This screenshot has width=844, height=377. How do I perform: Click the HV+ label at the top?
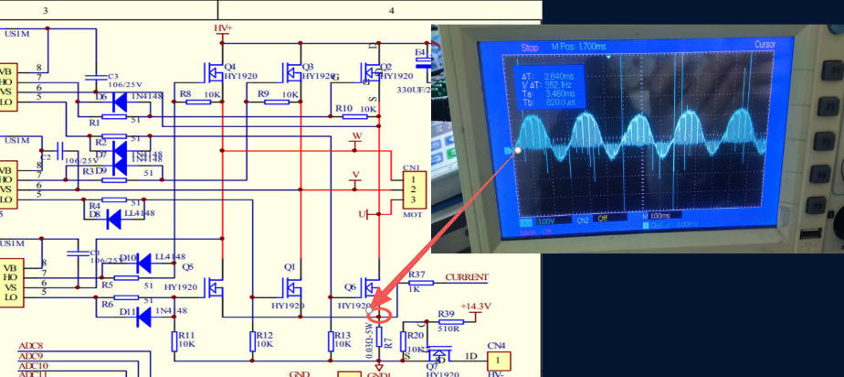click(x=223, y=28)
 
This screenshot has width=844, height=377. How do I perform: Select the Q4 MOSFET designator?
click(x=229, y=67)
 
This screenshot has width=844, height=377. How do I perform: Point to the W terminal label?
click(x=357, y=137)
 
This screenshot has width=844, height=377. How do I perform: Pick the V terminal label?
click(x=356, y=174)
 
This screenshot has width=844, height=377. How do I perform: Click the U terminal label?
click(x=363, y=214)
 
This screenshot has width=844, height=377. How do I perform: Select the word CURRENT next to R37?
click(x=466, y=276)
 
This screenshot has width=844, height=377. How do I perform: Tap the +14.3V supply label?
click(x=476, y=306)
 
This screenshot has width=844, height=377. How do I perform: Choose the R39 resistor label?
click(x=446, y=314)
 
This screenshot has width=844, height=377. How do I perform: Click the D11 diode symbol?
click(x=142, y=317)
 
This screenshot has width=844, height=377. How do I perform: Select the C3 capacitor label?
click(x=113, y=76)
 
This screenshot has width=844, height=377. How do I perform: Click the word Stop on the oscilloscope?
click(x=530, y=47)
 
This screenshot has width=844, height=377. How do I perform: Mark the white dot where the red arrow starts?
click(x=519, y=149)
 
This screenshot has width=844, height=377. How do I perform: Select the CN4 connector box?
click(x=498, y=361)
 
